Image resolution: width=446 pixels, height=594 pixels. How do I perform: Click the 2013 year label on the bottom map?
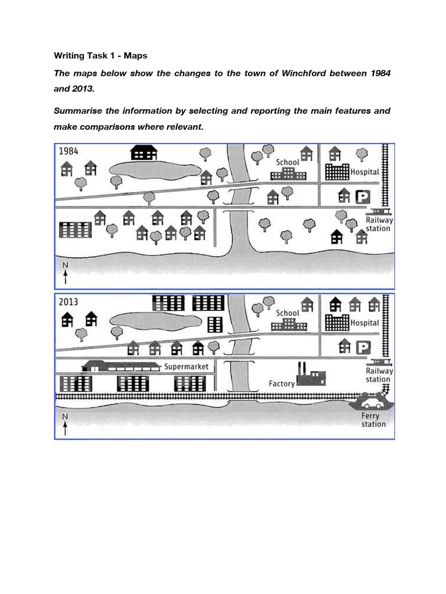tap(69, 302)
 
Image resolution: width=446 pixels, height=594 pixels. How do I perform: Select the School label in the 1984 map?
tap(287, 162)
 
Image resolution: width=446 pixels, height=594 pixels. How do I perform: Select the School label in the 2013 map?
tap(287, 313)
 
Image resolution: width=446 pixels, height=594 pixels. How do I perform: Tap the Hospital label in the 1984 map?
tap(365, 172)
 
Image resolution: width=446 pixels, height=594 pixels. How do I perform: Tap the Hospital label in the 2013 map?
tap(365, 322)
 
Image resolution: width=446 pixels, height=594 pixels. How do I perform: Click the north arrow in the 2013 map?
tap(65, 424)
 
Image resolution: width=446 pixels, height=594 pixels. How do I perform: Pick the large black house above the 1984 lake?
tap(143, 153)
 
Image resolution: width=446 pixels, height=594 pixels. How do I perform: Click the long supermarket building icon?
tap(121, 366)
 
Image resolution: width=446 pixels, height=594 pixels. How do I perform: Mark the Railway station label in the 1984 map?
tap(379, 224)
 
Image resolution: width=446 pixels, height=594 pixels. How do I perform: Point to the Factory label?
tap(282, 383)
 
